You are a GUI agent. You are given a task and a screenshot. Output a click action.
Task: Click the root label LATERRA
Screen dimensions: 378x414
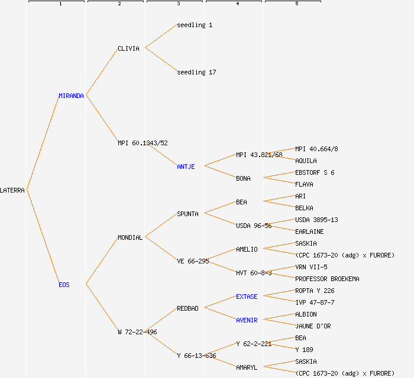point(12,190)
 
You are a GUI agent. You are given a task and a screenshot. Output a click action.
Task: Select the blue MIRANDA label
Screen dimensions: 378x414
point(71,96)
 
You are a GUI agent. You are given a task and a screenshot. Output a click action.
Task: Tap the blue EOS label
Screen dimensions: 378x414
point(64,285)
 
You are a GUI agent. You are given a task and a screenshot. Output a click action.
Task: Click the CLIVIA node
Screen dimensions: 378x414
point(128,48)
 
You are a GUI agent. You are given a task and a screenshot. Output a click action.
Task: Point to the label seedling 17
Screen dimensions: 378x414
point(196,72)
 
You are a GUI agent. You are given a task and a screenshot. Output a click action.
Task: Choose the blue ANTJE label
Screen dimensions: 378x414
point(186,167)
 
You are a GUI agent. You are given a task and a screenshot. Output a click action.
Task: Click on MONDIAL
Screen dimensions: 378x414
point(130,237)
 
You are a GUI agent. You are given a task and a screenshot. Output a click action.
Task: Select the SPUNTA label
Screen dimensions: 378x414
point(187,214)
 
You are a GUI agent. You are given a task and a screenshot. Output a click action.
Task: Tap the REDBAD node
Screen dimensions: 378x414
point(187,308)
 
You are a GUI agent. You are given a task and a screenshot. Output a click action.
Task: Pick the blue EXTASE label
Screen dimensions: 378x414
point(247,296)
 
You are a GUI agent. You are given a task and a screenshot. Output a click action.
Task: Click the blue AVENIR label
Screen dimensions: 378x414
point(247,320)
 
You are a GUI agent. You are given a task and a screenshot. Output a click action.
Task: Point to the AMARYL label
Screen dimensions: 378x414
point(247,367)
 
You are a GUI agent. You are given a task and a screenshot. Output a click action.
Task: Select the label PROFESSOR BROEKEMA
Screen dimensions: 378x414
point(327,279)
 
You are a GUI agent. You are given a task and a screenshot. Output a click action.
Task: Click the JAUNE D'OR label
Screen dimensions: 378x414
point(313,326)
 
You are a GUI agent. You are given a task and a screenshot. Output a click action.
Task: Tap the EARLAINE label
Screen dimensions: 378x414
point(309,232)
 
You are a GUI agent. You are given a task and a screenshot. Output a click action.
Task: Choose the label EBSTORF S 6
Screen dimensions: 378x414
point(315,172)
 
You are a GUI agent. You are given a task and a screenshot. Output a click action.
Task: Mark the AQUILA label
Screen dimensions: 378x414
point(306,161)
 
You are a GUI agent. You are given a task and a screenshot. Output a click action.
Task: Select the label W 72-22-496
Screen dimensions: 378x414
point(137,332)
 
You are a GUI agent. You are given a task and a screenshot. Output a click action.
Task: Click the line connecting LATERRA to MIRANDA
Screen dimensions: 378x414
point(43,143)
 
